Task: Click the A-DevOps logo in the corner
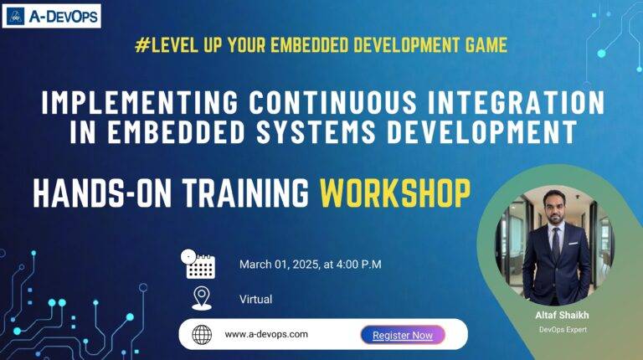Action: click(x=52, y=15)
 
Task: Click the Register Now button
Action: click(x=403, y=335)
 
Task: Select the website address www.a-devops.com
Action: click(x=266, y=334)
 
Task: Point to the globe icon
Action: click(x=202, y=335)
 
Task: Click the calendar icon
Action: click(x=200, y=264)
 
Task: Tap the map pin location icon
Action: click(x=201, y=298)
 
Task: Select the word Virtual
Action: click(x=255, y=299)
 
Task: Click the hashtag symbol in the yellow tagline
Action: click(x=140, y=45)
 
